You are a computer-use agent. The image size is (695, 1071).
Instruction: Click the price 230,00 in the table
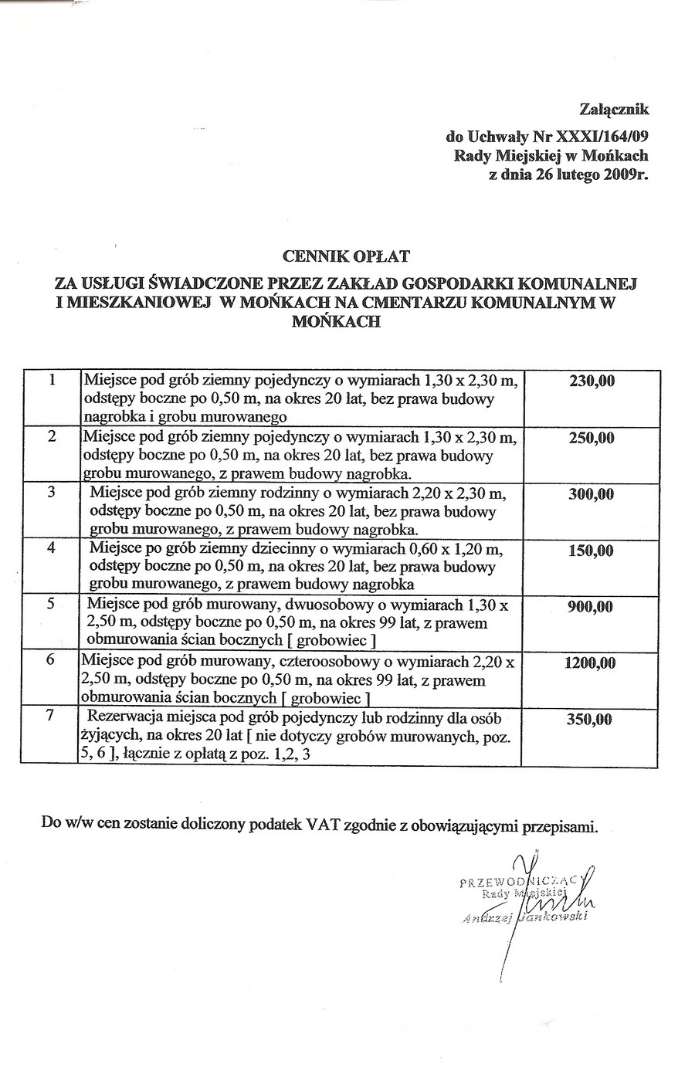pyautogui.click(x=591, y=381)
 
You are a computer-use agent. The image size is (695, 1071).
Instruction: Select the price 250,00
pyautogui.click(x=591, y=438)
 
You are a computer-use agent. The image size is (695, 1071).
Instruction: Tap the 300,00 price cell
pyautogui.click(x=591, y=495)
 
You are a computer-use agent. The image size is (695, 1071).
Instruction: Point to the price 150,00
pyautogui.click(x=591, y=551)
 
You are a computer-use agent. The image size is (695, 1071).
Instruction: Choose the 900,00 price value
pyautogui.click(x=591, y=607)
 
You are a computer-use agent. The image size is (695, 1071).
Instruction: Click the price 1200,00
pyautogui.click(x=591, y=663)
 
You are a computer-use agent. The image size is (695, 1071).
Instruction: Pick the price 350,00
pyautogui.click(x=591, y=720)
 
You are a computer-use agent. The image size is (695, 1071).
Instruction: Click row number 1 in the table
pyautogui.click(x=52, y=380)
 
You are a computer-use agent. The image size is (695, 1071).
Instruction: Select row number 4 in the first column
pyautogui.click(x=52, y=549)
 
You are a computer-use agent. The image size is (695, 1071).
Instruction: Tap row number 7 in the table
pyautogui.click(x=52, y=715)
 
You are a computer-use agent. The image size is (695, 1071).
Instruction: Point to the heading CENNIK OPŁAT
pyautogui.click(x=347, y=255)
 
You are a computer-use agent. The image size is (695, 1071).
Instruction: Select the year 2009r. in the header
pyautogui.click(x=625, y=175)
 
